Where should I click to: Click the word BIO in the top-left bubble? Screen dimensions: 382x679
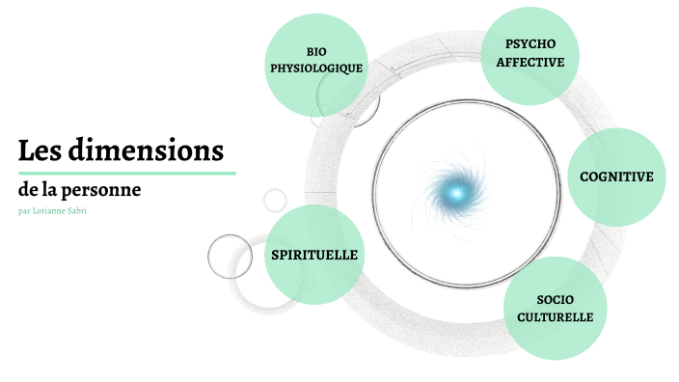[316, 51]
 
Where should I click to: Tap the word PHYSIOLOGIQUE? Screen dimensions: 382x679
[316, 68]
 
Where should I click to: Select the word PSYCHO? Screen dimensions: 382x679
[530, 44]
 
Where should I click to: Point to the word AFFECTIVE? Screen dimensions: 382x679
[530, 62]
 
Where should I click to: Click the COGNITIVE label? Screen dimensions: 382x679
[616, 177]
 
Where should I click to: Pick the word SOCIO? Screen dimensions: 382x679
[555, 299]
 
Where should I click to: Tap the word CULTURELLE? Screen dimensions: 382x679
[555, 316]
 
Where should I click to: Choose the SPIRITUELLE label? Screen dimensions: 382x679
[315, 255]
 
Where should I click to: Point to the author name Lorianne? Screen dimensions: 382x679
[53, 210]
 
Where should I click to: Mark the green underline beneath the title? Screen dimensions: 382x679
[126, 173]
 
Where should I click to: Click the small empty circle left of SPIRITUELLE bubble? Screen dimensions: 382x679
[230, 256]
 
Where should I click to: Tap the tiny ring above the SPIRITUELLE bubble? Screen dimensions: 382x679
[275, 200]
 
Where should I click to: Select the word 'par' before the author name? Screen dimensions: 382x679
[23, 210]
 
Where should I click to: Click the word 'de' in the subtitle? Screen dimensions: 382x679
[27, 190]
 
